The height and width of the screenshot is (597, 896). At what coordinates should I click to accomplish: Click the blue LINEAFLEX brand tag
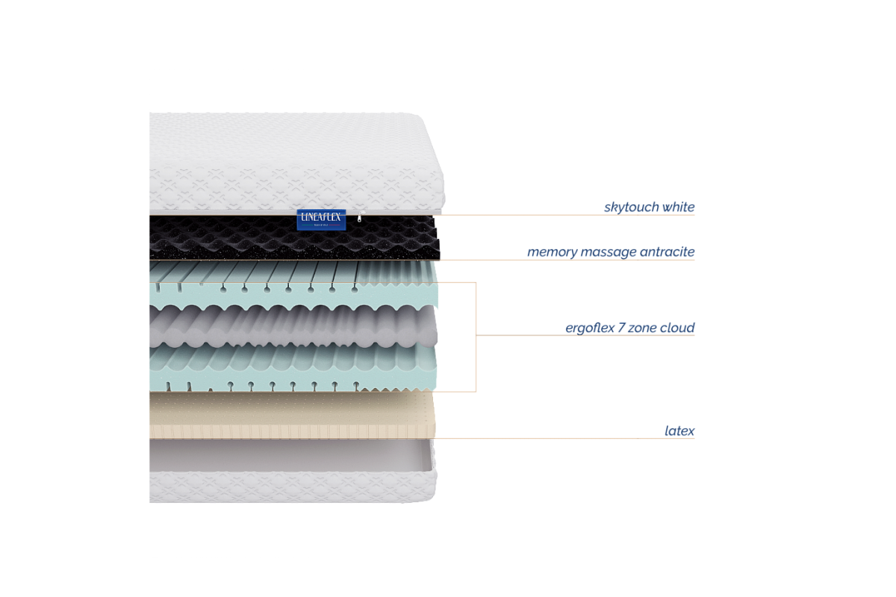point(321,218)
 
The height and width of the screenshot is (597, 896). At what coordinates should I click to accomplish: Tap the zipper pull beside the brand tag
point(360,219)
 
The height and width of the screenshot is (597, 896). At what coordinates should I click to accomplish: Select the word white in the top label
point(679,207)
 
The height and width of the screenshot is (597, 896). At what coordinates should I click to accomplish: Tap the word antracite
point(667,252)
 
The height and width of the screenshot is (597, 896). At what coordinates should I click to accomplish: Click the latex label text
point(680,431)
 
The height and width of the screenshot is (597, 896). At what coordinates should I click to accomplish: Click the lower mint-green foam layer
point(291,366)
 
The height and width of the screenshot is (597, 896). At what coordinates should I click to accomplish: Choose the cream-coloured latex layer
point(291,414)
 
